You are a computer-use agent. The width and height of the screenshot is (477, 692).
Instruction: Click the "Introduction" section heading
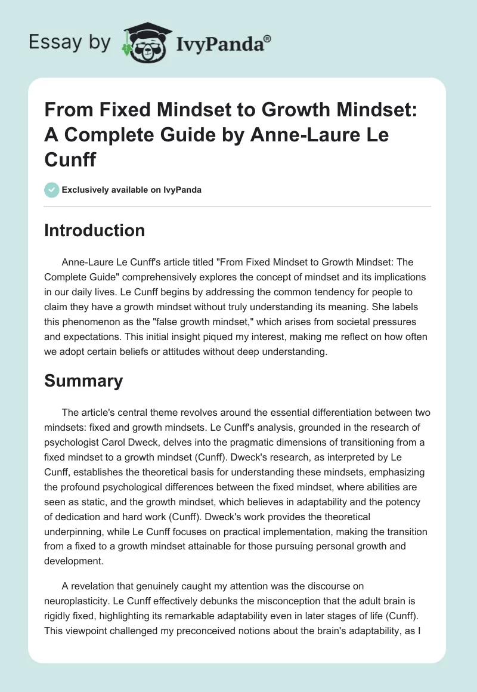pos(94,231)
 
